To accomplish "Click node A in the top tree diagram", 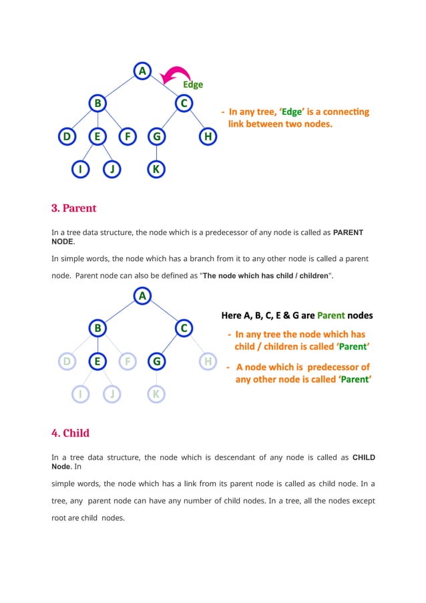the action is click(142, 71).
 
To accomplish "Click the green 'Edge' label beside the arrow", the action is click(193, 85).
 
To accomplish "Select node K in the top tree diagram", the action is click(156, 169).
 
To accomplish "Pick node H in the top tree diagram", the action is click(208, 137).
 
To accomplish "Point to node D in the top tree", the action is click(66, 137).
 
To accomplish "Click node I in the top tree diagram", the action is click(81, 169).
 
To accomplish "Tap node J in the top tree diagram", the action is click(112, 169).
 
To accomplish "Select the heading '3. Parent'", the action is click(73, 208).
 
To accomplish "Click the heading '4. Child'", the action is click(70, 433).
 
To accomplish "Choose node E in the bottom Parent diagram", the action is click(97, 362).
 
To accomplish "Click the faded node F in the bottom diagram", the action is click(128, 362).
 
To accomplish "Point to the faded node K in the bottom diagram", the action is click(156, 394).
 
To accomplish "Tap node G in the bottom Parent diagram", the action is click(156, 362).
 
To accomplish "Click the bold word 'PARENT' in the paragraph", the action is click(348, 232).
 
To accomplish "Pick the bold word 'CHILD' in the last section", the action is click(363, 457).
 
